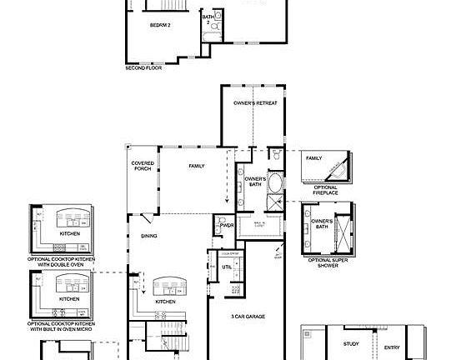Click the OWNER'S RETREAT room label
254,102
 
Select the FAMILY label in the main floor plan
197,166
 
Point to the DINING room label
149,236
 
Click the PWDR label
227,225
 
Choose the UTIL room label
227,267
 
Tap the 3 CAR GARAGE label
249,317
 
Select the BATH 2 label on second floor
208,19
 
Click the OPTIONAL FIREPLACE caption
325,190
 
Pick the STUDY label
351,343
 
